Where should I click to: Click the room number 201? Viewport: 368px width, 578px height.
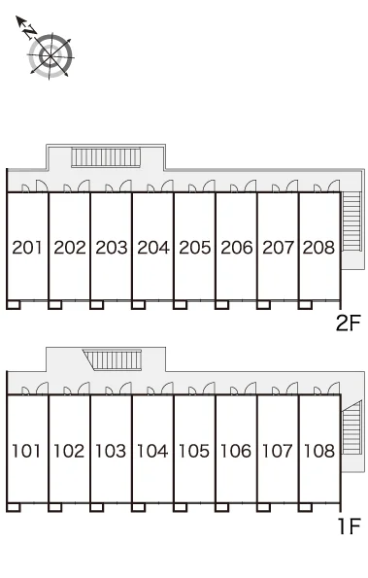[27, 248]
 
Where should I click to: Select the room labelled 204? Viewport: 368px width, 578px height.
[153, 248]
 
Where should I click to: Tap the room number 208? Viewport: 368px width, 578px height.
[318, 248]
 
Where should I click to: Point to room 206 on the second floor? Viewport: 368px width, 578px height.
[237, 248]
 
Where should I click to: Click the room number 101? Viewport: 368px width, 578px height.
[26, 451]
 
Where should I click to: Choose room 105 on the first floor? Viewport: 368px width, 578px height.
[194, 451]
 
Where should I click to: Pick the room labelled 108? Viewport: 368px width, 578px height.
[319, 451]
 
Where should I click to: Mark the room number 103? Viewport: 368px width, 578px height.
[111, 451]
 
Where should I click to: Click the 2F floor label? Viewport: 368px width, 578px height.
[348, 323]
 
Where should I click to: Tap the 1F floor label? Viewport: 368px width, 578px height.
[349, 526]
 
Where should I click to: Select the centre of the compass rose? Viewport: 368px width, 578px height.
[50, 56]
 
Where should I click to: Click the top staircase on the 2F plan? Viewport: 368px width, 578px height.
[106, 157]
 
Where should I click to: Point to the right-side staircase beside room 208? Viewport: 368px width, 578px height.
[351, 221]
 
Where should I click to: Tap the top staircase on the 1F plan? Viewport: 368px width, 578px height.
[113, 359]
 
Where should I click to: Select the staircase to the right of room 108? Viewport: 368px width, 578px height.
[351, 427]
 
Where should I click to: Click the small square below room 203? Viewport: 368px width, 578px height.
[96, 305]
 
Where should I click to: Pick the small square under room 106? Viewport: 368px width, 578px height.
[221, 508]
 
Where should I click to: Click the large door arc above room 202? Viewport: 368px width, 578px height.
[84, 185]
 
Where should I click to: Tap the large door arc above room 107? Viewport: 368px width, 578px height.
[292, 388]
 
